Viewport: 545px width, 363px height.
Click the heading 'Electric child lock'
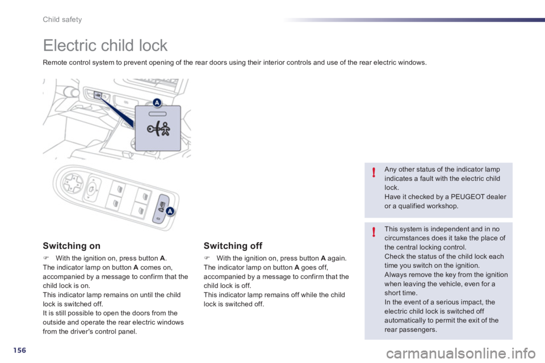[105, 45]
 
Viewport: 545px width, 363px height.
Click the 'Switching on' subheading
[72, 246]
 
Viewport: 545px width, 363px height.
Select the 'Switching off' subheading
[233, 246]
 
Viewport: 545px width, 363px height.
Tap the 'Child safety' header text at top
[63, 19]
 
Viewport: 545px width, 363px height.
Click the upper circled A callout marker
[156, 102]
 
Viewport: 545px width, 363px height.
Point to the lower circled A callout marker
[170, 212]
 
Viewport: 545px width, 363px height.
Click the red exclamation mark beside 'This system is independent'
[374, 232]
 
